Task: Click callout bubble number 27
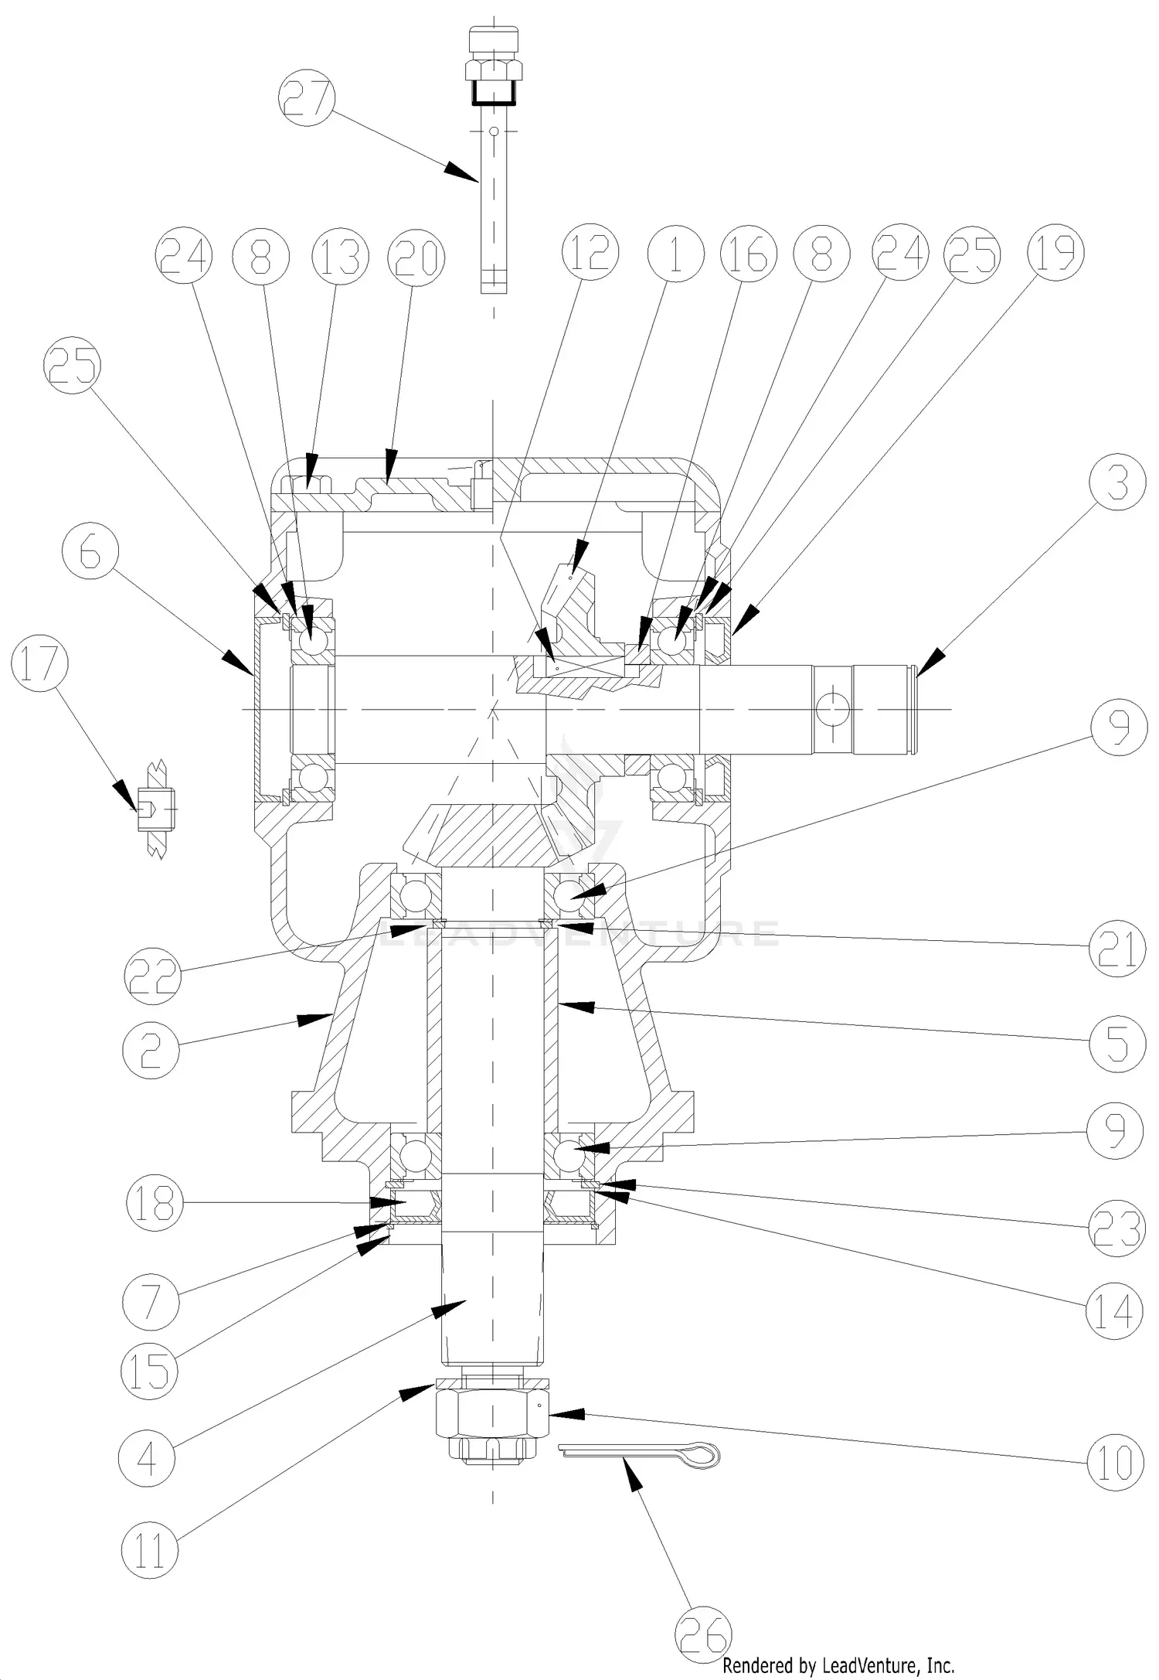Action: [x=308, y=98]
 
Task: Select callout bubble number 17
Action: [x=40, y=665]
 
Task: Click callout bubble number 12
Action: [x=590, y=252]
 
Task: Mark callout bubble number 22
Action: [x=152, y=976]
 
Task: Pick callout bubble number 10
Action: [x=1114, y=1462]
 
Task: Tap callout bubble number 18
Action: [x=155, y=1203]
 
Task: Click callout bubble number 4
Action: [x=147, y=1458]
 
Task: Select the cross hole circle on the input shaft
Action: [x=832, y=708]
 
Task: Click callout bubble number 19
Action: [x=1055, y=252]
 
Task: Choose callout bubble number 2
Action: [x=151, y=1050]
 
